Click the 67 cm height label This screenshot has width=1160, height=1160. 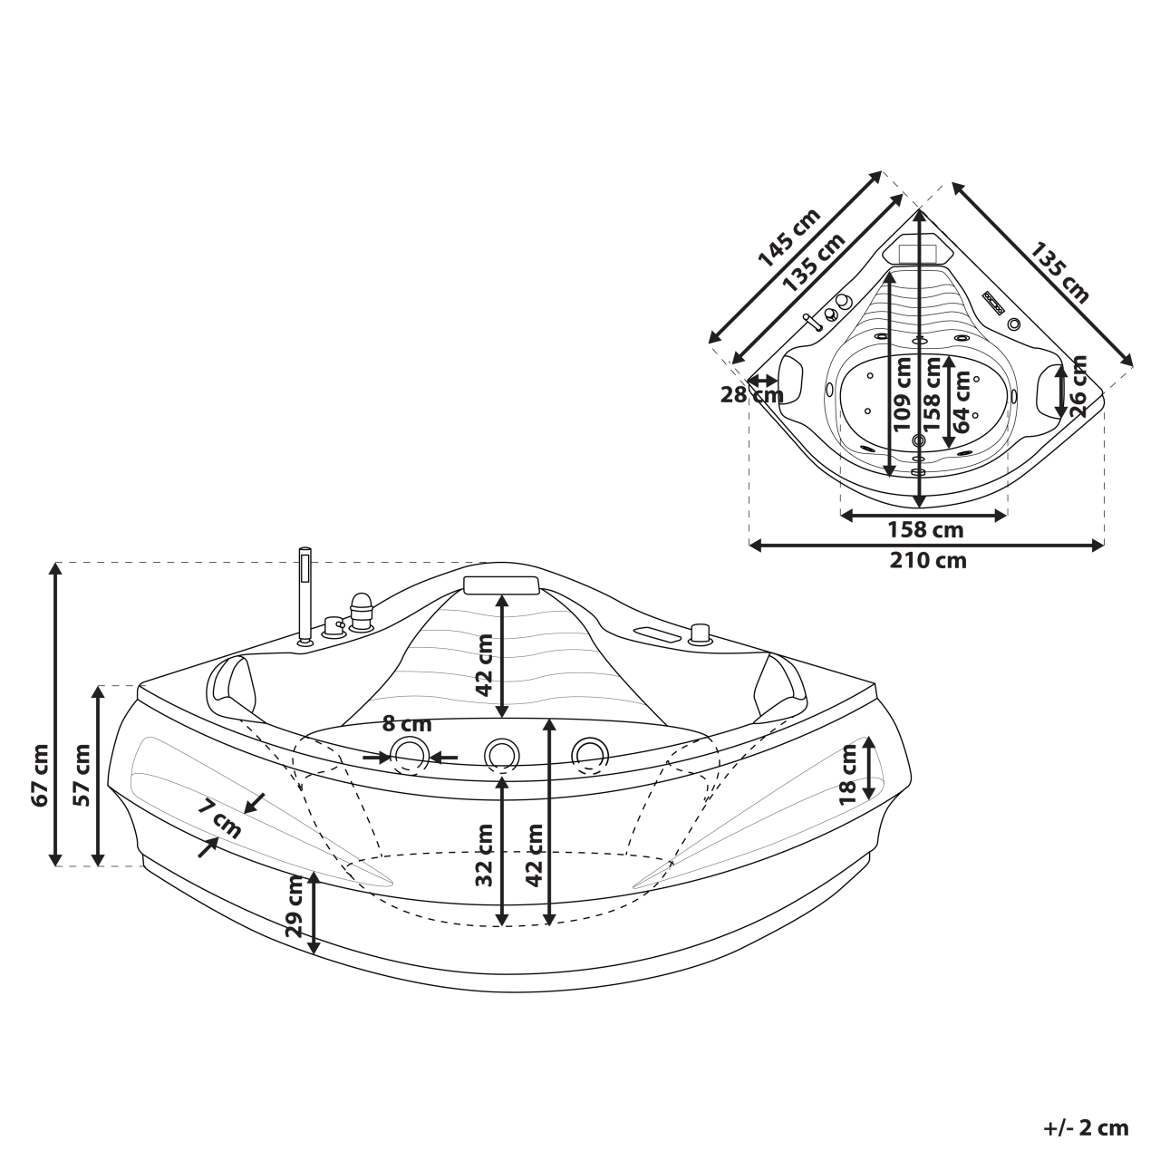coord(39,775)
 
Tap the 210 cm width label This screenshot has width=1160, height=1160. coord(927,561)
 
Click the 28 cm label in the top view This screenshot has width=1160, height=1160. coord(751,395)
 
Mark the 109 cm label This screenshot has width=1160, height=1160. coord(902,391)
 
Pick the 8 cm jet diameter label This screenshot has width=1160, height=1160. coord(407,724)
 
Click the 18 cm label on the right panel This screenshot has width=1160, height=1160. coord(848,774)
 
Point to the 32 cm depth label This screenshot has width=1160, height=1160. coord(484,855)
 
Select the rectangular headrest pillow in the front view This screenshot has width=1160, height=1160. coord(501,585)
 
